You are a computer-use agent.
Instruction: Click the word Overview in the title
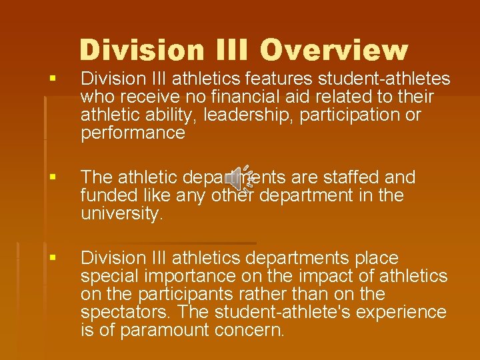point(333,51)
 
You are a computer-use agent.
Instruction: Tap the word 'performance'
point(133,133)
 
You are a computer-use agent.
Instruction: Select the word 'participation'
point(351,115)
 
